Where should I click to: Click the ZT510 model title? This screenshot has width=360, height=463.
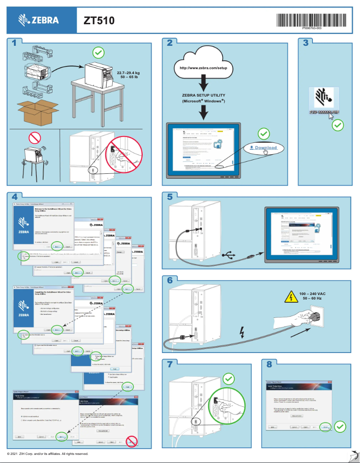click(99, 20)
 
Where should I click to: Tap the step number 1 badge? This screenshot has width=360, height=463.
click(15, 43)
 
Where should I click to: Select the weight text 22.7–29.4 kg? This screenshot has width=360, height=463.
click(128, 72)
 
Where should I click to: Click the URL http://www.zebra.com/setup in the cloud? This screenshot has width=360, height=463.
click(203, 68)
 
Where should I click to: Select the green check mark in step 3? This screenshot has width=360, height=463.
click(338, 125)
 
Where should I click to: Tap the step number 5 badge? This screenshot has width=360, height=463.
click(169, 197)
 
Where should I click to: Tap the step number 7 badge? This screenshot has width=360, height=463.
click(169, 364)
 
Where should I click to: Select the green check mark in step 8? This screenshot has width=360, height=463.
click(340, 426)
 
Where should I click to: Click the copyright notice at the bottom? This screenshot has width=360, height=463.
click(45, 454)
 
